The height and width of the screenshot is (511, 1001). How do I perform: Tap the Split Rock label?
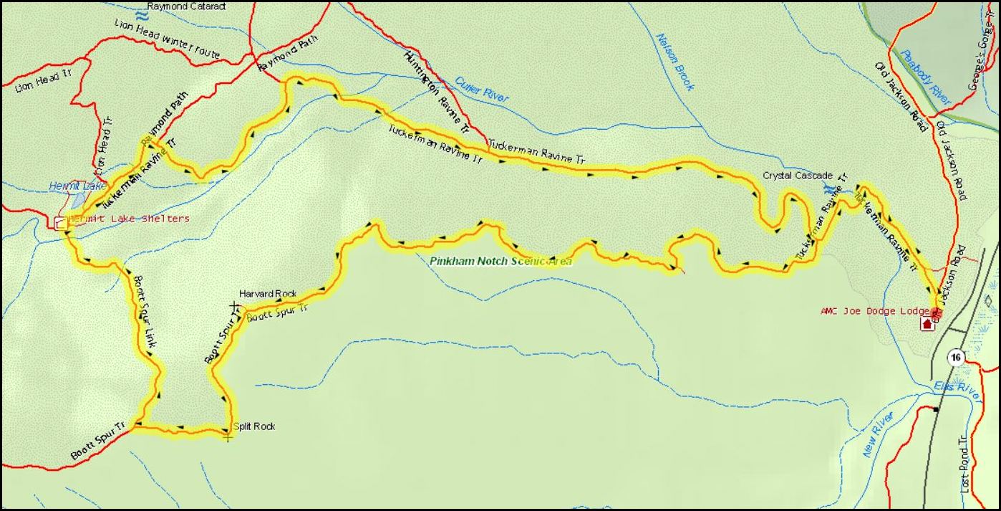tap(254, 426)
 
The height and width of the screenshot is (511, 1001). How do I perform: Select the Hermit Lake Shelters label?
tap(129, 219)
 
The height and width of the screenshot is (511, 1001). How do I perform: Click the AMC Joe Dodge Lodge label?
tap(875, 311)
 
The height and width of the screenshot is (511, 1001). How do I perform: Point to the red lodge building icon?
tap(928, 324)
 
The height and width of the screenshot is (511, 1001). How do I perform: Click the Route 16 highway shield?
tap(955, 357)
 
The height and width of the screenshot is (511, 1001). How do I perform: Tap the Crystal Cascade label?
tap(797, 176)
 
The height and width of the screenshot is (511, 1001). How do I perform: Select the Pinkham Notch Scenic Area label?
tap(501, 261)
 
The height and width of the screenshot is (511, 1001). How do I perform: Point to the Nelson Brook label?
tap(674, 62)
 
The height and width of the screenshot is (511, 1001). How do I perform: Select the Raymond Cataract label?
tap(186, 6)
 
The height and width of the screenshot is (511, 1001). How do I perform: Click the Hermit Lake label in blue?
tap(67, 186)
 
